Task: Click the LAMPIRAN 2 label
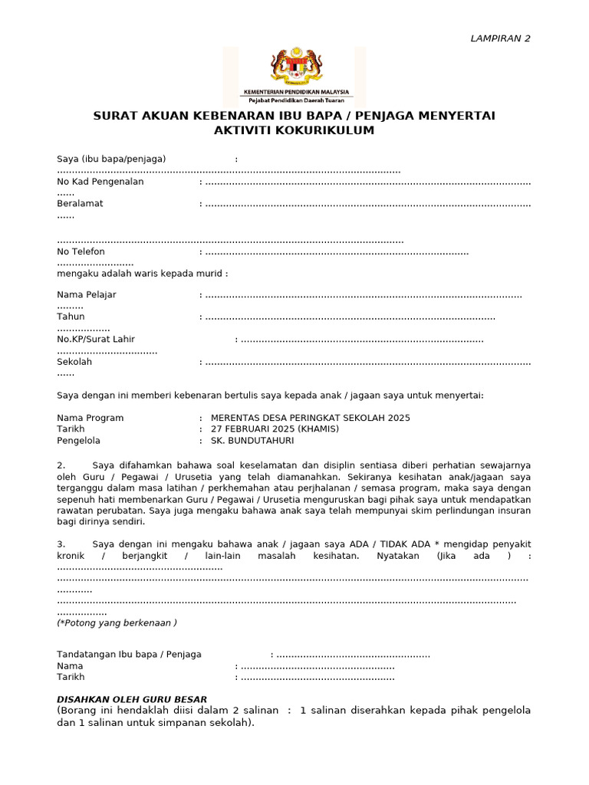499,38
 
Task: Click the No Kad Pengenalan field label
100,182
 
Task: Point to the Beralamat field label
80,203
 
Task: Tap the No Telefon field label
81,251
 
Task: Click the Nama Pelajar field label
87,294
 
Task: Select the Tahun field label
71,316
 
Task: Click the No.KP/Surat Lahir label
95,339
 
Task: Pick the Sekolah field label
74,361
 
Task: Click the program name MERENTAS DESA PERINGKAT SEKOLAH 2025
310,418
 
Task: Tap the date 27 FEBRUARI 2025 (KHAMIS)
275,429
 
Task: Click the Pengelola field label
78,441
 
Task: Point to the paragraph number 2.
61,465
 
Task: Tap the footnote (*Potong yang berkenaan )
117,622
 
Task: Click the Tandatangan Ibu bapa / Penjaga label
129,654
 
